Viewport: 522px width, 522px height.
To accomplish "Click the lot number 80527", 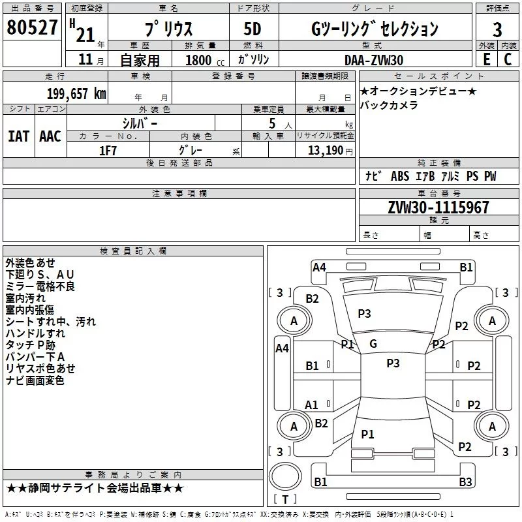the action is [32, 28].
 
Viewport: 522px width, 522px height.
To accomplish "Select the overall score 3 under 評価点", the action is [497, 29].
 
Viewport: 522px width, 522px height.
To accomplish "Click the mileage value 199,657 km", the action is [76, 94].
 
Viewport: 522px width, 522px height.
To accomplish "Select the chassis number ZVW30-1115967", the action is [437, 207].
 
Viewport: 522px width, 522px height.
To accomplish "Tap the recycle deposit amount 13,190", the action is [326, 150].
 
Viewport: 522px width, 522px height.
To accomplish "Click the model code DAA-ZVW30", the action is [374, 59].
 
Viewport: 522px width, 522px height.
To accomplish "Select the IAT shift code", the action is [18, 136].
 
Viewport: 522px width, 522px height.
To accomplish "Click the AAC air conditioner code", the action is [50, 136].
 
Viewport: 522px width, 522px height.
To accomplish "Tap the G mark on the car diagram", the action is [373, 344].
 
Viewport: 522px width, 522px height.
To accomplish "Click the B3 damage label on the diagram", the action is [465, 482].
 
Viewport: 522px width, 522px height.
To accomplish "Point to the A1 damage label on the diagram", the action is [312, 405].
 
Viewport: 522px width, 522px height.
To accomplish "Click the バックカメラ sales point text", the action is [389, 105].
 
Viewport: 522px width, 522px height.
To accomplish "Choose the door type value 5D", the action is [252, 29].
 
